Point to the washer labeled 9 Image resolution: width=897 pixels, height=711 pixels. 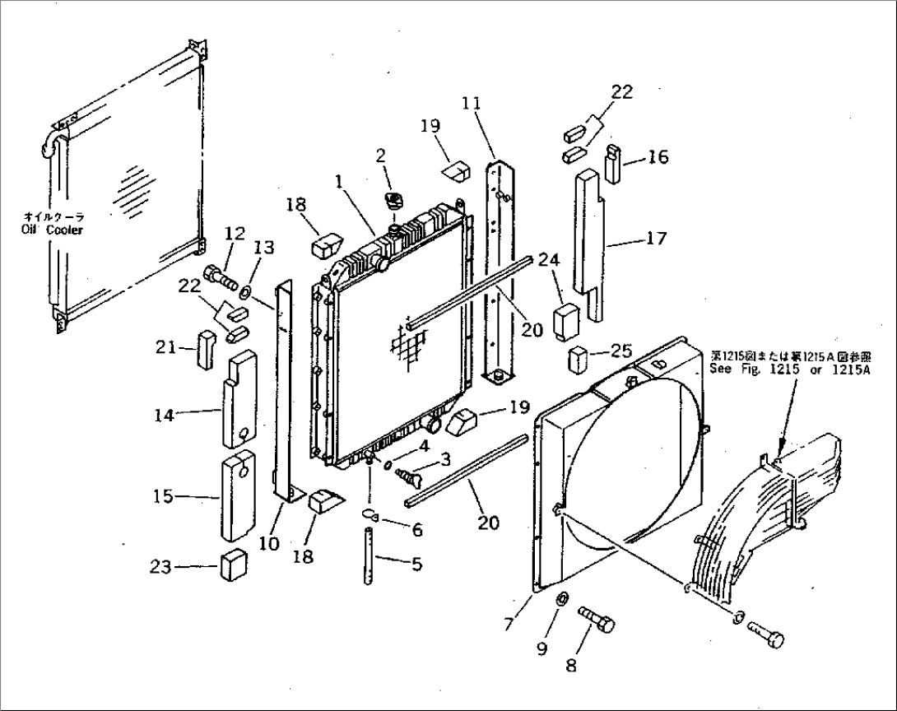(561, 598)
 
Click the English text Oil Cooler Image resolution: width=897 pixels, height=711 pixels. (52, 230)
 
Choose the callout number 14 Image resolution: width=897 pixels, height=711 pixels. (165, 416)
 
